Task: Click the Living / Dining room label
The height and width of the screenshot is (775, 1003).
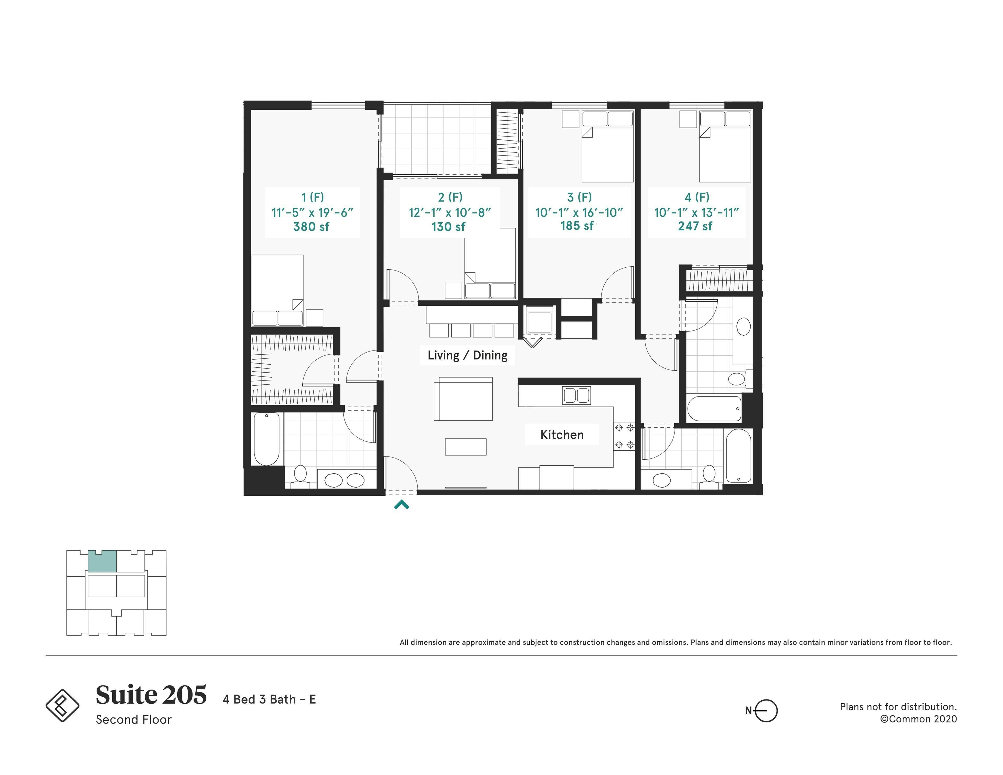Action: click(467, 355)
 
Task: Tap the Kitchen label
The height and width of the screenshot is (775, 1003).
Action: click(562, 435)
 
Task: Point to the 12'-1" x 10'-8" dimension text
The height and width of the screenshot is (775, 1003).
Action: click(450, 212)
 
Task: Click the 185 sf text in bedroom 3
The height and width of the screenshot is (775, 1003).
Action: click(577, 226)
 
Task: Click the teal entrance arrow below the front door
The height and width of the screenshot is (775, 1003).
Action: click(401, 505)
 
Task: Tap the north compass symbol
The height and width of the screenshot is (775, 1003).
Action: click(765, 711)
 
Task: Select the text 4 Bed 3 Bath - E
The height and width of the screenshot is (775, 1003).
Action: click(269, 699)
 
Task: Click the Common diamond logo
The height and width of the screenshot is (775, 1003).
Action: click(63, 705)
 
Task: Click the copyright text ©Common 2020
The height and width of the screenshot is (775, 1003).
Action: click(918, 719)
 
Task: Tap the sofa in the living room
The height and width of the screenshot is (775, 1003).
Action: click(463, 399)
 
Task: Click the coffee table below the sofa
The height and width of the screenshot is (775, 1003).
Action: click(465, 447)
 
